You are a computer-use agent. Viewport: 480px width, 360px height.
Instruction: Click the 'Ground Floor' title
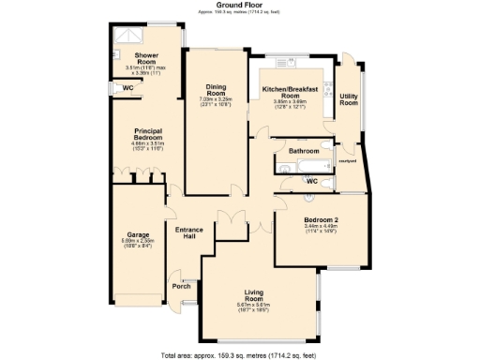[239, 5]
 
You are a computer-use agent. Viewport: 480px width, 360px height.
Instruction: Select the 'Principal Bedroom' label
[149, 134]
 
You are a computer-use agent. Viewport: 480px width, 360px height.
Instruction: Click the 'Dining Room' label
[217, 92]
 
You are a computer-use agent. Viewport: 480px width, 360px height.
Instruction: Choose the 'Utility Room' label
[349, 98]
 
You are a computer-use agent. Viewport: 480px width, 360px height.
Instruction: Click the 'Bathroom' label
[304, 151]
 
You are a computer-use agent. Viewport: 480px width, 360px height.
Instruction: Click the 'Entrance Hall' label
[189, 232]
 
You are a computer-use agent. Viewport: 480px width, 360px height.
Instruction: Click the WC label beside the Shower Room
[127, 88]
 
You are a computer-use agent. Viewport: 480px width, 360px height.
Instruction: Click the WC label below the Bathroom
[312, 179]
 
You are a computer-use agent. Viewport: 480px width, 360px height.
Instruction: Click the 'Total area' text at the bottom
[239, 355]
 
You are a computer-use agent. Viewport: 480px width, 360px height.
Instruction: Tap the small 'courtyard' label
[346, 161]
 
